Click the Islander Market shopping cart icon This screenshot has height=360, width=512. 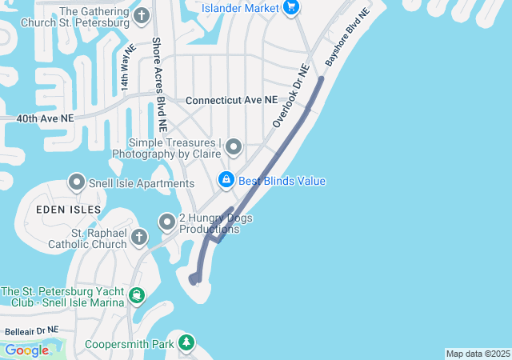coord(291,8)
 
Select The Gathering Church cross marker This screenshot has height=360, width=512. coord(142,15)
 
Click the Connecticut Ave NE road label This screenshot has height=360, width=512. coord(231,101)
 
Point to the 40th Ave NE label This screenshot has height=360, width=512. coord(45,118)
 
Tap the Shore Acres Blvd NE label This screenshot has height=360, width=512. coord(160,84)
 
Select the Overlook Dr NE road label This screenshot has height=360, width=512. coord(290,96)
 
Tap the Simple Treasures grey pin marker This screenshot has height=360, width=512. coord(234,146)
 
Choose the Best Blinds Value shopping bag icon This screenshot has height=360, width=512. coord(226,180)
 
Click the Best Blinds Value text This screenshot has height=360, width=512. coord(282,181)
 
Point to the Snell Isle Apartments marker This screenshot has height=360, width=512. coord(78,182)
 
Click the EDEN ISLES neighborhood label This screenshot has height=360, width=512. coord(68,209)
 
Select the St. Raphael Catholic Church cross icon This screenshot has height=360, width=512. coord(139,238)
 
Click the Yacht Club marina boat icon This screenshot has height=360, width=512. coord(137,297)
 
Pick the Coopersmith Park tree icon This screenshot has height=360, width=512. coord(186,342)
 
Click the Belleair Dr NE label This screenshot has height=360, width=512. coord(31,330)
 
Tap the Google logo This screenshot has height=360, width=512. coord(26,350)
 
